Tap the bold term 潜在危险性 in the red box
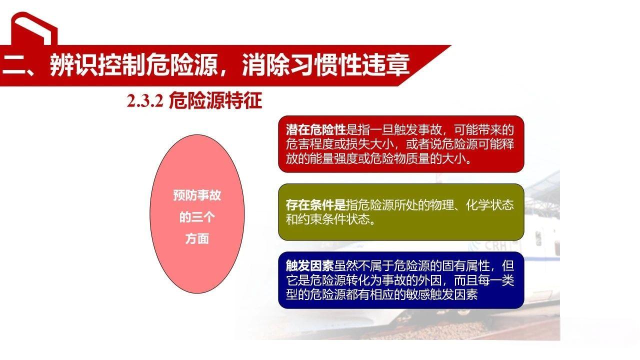pos(316,130)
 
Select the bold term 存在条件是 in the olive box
pos(316,205)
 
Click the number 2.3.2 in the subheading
pos(145,102)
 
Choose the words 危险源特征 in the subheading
pos(216,101)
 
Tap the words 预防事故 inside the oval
pos(197,195)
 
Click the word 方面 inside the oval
pos(197,239)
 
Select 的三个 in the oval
pos(197,217)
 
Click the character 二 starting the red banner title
pos(13,65)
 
